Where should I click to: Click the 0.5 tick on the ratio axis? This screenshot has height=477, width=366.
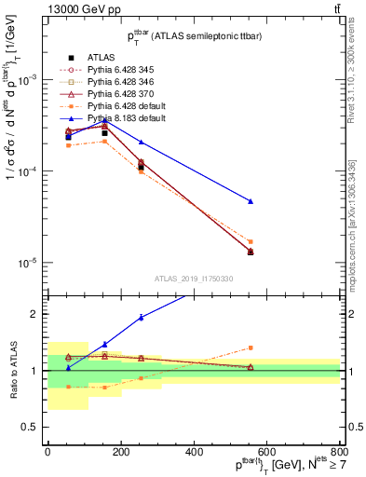coord(34,427)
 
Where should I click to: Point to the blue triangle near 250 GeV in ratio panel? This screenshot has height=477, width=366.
coord(141,318)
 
